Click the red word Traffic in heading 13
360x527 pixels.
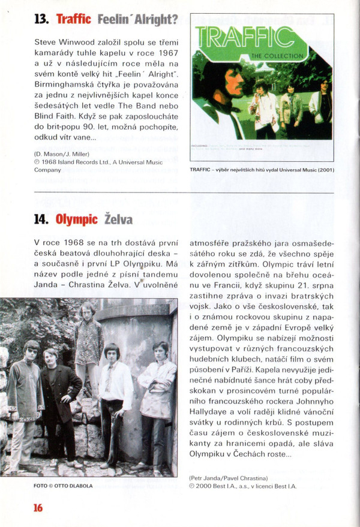74,20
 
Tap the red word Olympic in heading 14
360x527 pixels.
77,219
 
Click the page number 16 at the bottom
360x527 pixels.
38,507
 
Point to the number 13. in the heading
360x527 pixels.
42,20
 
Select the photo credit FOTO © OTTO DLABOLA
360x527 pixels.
63,486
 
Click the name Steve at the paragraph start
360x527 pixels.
46,43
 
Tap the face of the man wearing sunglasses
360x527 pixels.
32,352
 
